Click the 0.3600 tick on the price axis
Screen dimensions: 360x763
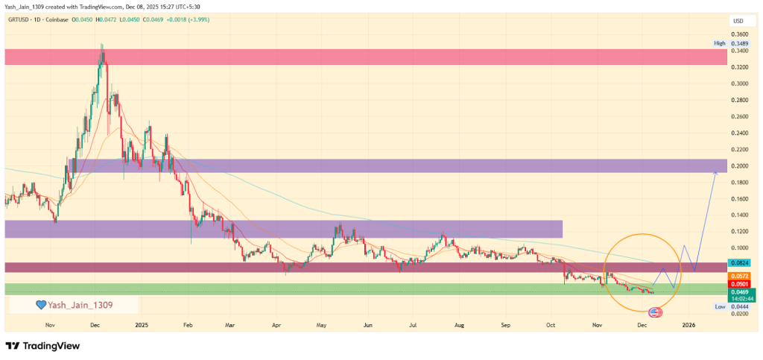739,34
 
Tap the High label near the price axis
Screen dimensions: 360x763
719,43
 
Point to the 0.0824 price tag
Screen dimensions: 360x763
740,264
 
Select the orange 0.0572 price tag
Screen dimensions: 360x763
740,275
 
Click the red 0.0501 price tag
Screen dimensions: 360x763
740,283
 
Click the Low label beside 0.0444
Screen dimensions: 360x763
720,306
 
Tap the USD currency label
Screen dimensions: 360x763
739,21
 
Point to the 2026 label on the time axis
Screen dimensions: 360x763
689,325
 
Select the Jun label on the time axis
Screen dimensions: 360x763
367,325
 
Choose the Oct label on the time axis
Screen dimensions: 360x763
551,325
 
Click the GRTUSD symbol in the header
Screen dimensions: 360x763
20,19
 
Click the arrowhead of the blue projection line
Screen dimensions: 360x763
715,172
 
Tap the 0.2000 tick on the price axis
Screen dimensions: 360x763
739,165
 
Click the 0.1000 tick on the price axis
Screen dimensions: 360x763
739,248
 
